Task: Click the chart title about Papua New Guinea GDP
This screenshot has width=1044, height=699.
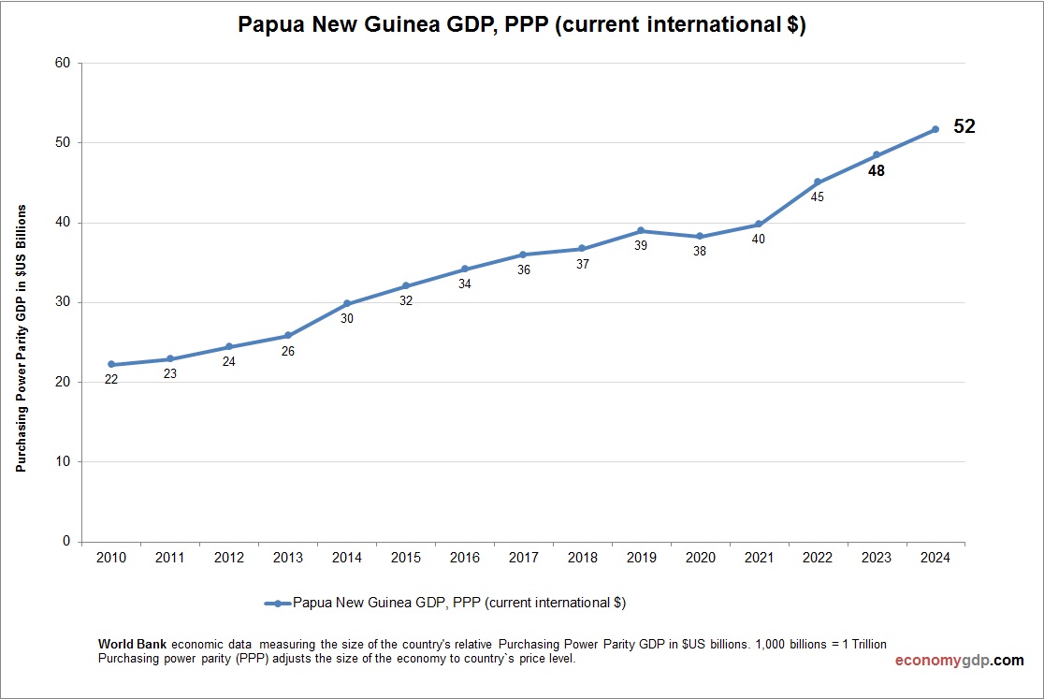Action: pyautogui.click(x=521, y=25)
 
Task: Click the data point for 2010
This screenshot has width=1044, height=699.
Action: pyautogui.click(x=111, y=364)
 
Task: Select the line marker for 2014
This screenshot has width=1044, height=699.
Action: pyautogui.click(x=347, y=303)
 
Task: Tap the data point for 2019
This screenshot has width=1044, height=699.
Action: pyautogui.click(x=641, y=230)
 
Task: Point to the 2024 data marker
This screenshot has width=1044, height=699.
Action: pyautogui.click(x=935, y=129)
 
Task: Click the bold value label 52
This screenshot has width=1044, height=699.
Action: pyautogui.click(x=964, y=126)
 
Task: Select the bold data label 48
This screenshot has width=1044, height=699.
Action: pyautogui.click(x=877, y=171)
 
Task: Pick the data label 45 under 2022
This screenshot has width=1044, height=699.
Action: pyautogui.click(x=818, y=197)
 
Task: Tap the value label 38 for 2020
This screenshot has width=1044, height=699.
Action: pyautogui.click(x=700, y=252)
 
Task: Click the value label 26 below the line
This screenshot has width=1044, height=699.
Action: pyautogui.click(x=288, y=351)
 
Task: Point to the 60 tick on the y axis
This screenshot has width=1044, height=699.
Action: pyautogui.click(x=63, y=63)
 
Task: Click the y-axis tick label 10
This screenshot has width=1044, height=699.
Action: pyautogui.click(x=63, y=461)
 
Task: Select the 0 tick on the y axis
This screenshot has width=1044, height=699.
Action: pyautogui.click(x=66, y=541)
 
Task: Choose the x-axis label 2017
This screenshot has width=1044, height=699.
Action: pyautogui.click(x=523, y=558)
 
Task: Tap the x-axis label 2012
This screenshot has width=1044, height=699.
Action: pyautogui.click(x=229, y=558)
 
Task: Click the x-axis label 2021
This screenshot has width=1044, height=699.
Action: pyautogui.click(x=759, y=558)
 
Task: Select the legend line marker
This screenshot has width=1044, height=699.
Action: pyautogui.click(x=278, y=604)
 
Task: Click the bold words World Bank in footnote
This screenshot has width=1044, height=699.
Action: pyautogui.click(x=133, y=645)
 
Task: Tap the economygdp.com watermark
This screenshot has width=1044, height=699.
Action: pyautogui.click(x=959, y=661)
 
